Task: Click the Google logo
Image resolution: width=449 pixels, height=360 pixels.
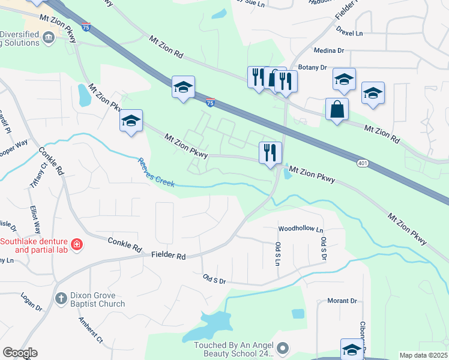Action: coord(19,353)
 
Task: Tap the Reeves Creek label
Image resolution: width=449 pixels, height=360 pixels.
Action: coord(156,172)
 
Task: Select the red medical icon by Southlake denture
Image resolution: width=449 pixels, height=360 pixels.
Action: coord(77,245)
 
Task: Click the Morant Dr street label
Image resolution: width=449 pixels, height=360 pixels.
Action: coord(342,301)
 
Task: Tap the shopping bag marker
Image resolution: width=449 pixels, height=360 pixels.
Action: coord(337,110)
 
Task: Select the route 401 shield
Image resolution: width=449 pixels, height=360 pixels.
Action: coord(361,163)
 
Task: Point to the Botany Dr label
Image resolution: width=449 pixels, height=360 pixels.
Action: coord(312,68)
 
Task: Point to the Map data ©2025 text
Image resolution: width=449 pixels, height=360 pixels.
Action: coord(423,355)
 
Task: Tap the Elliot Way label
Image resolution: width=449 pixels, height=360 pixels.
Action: coord(37,220)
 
